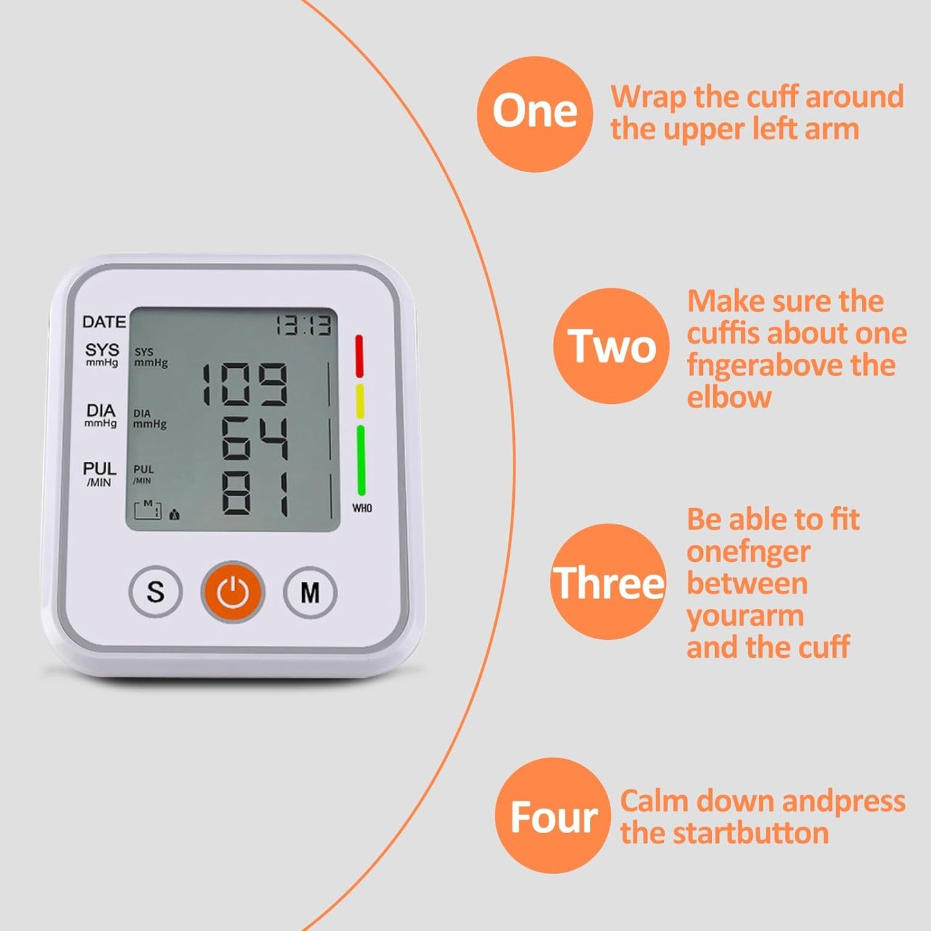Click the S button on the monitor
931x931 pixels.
pos(155,591)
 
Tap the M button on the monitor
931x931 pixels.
pos(310,591)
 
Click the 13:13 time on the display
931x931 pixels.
pos(304,325)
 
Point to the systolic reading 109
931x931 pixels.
pos(245,384)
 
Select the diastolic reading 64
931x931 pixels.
pos(254,439)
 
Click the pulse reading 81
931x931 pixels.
pos(254,494)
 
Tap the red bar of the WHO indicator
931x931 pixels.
pos(359,356)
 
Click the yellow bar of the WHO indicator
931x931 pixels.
pos(360,401)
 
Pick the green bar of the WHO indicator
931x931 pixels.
pos(361,460)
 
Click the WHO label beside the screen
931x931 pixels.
pos(362,508)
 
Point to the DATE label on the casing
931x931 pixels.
pos(104,322)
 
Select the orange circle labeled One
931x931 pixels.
pos(534,114)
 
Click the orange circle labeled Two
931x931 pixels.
pos(611,346)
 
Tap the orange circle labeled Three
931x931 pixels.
pos(608,582)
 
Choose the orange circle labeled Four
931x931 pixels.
pos(553,816)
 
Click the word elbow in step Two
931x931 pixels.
pos(729,397)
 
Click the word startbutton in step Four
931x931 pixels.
pos(748,833)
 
